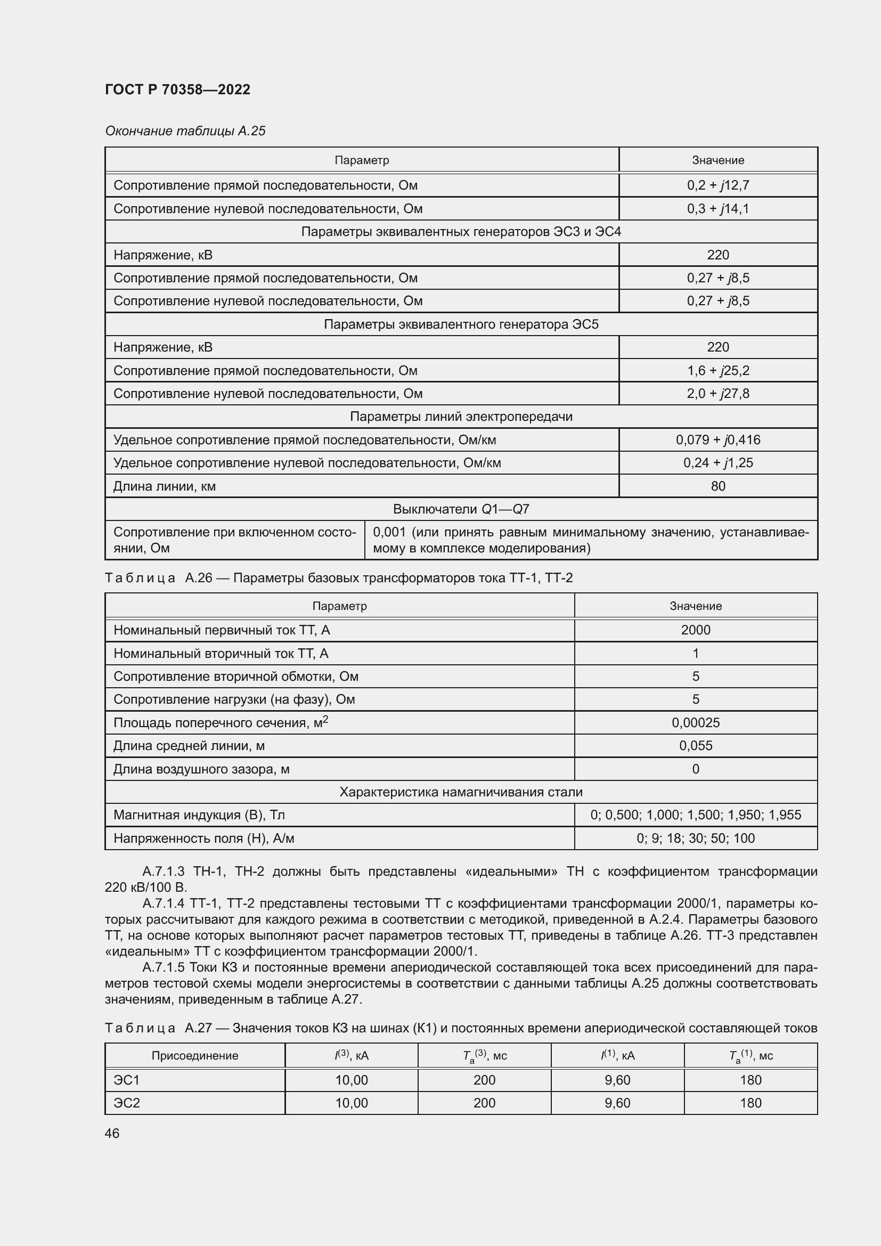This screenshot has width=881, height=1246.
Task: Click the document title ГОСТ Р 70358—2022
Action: click(177, 89)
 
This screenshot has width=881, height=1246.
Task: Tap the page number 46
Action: click(112, 1133)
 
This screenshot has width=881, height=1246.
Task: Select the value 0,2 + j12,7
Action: click(717, 185)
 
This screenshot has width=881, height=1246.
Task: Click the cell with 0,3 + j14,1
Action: click(717, 209)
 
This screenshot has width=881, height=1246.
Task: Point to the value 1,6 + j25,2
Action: click(717, 371)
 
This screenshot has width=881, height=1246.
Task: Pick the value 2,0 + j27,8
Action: click(717, 394)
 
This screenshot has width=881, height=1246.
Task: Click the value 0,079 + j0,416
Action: click(717, 439)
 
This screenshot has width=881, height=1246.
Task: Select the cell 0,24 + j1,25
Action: click(717, 463)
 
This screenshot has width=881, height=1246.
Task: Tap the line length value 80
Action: click(717, 486)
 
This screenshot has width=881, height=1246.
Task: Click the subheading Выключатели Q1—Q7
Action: click(461, 509)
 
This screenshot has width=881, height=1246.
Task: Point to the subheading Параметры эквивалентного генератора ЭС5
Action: click(461, 324)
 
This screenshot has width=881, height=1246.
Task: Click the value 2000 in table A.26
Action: click(696, 630)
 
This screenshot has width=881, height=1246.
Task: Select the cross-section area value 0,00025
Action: click(696, 723)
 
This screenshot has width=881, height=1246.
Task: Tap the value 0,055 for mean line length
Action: click(696, 746)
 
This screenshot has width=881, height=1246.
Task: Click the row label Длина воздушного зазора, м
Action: click(201, 769)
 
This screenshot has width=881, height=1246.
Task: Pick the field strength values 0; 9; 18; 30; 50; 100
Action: click(696, 838)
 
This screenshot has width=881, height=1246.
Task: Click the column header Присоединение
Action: click(195, 1055)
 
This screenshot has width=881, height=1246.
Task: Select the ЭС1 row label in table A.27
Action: click(126, 1080)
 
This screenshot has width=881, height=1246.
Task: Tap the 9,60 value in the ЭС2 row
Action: click(617, 1103)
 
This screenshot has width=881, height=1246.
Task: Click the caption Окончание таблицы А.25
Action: click(185, 132)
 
